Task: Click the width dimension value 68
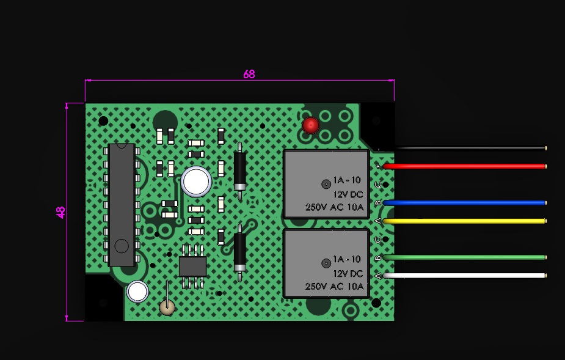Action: click(x=249, y=75)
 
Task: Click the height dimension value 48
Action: click(x=60, y=212)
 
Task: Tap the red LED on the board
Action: click(x=310, y=125)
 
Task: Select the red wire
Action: click(x=465, y=166)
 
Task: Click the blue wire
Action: click(x=465, y=203)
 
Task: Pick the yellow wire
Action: click(x=465, y=221)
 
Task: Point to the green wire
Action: click(x=465, y=257)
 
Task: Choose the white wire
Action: click(x=465, y=276)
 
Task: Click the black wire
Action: click(x=470, y=148)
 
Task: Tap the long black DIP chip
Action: click(x=122, y=205)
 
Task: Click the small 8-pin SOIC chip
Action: click(x=193, y=266)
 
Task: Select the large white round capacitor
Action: click(x=196, y=182)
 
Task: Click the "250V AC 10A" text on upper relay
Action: click(x=334, y=207)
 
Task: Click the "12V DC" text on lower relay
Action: click(x=348, y=273)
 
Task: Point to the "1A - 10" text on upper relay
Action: click(x=347, y=180)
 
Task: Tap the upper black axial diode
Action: click(x=240, y=171)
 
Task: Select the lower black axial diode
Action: click(x=240, y=252)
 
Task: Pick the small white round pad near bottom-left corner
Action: click(x=137, y=292)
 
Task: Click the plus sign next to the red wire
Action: click(x=377, y=166)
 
